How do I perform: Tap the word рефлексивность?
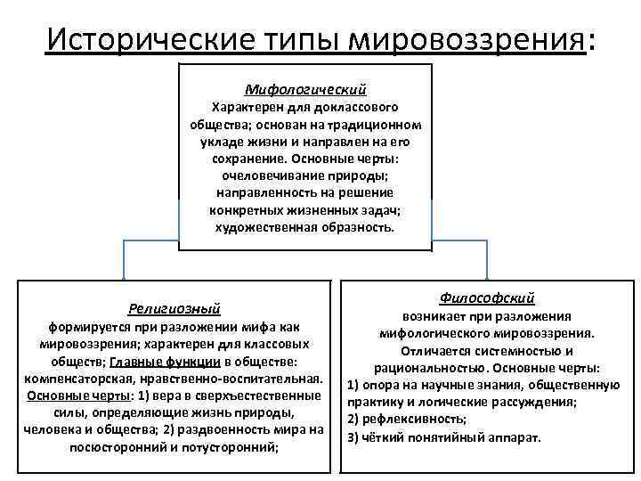click(406, 420)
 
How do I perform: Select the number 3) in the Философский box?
click(353, 436)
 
